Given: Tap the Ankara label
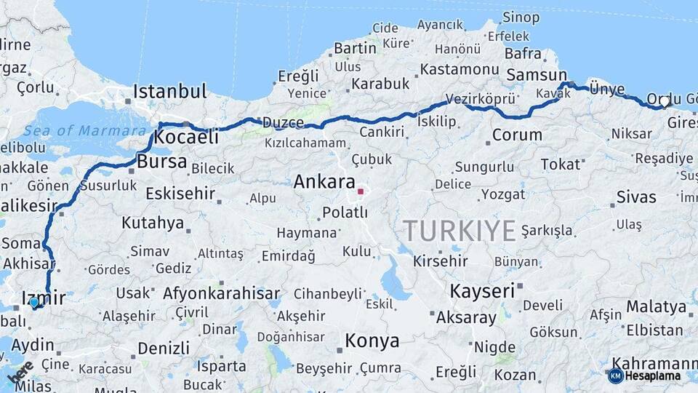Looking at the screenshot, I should point(324,182).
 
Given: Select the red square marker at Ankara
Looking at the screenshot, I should point(360,192).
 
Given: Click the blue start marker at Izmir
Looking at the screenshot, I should point(34,302).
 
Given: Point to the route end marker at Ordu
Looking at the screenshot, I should point(665,102).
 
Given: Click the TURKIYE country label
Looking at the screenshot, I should point(460,231).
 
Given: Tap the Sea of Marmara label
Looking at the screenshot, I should point(84,131).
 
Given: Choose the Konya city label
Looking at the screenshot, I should point(372,341).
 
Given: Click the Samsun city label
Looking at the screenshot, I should point(537,75).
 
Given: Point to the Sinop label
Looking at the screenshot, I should point(521,17).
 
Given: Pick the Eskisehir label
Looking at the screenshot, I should point(180,194).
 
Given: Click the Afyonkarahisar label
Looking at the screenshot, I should point(221,293).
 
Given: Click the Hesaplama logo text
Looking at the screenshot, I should point(653,376).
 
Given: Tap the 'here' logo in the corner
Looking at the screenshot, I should point(20,373).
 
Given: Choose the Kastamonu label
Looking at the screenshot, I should point(459,69).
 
